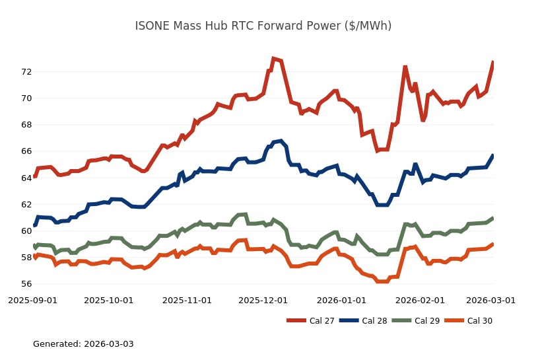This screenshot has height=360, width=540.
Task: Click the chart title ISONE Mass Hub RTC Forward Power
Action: [x=263, y=26]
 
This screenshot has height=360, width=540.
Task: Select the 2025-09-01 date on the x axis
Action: [x=32, y=300]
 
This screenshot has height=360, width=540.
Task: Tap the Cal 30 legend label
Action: [x=479, y=321]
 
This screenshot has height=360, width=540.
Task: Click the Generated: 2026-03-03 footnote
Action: [x=83, y=344]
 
